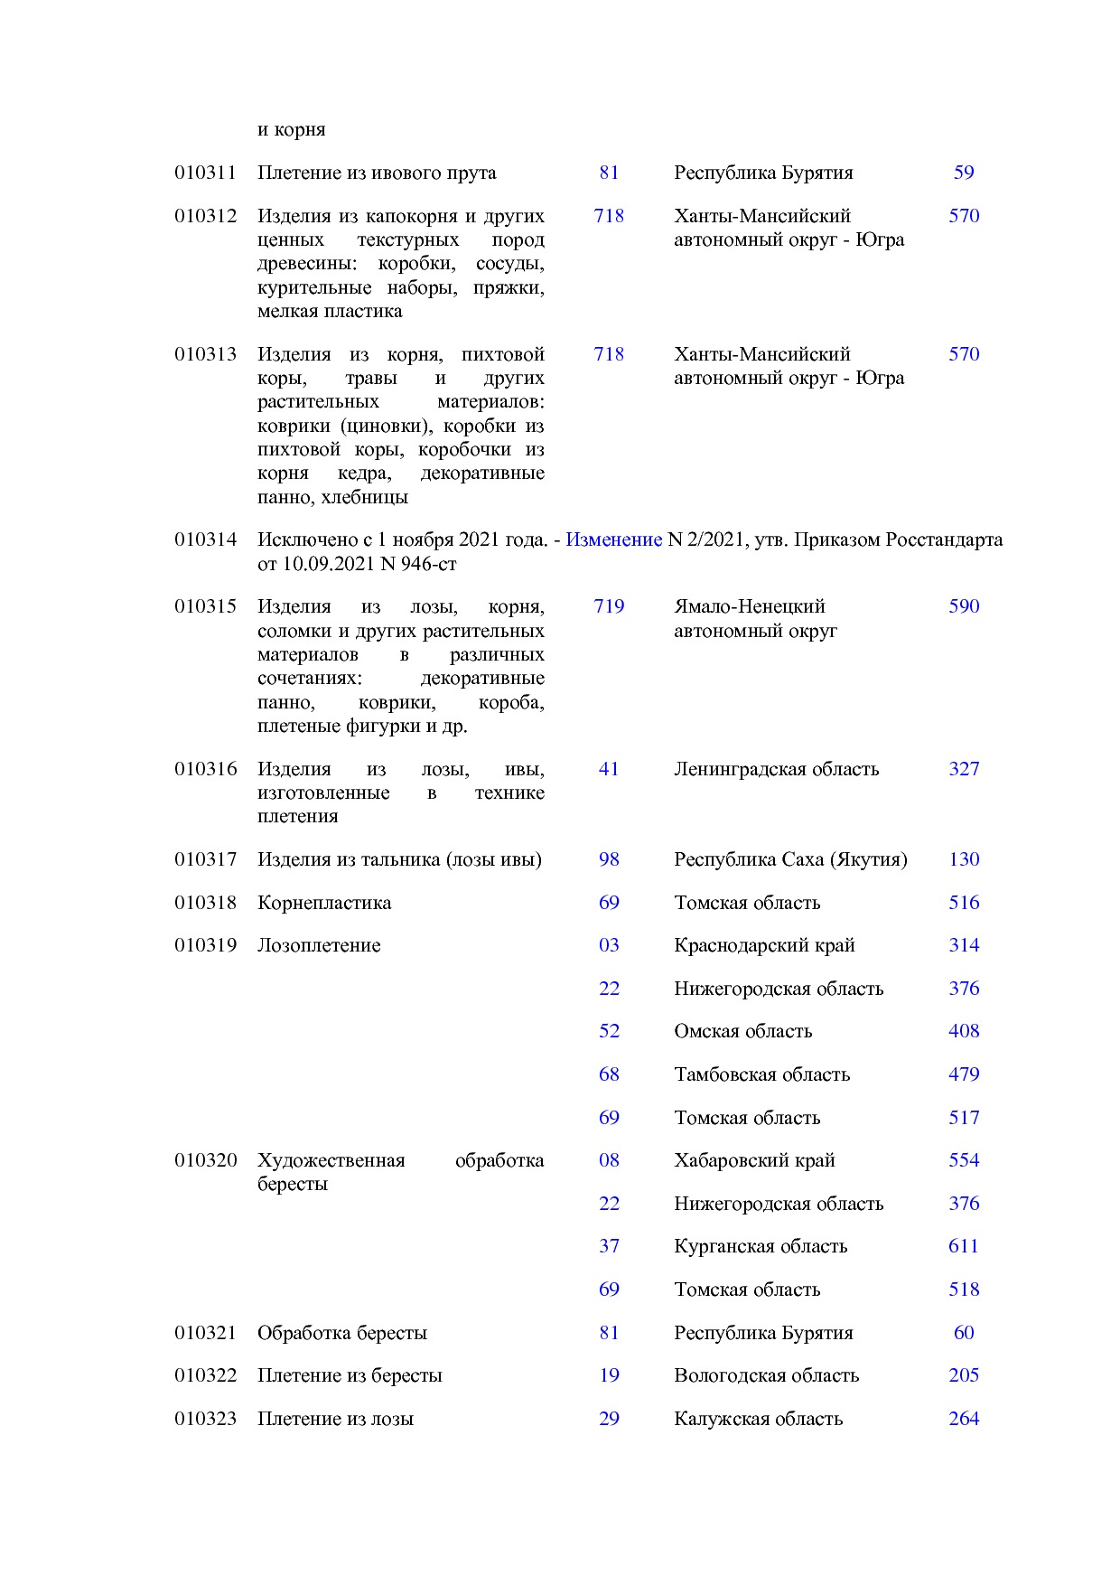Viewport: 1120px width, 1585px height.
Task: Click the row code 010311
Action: click(x=205, y=173)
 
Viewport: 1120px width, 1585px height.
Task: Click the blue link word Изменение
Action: click(x=613, y=539)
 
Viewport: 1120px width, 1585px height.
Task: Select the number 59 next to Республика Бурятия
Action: click(x=963, y=173)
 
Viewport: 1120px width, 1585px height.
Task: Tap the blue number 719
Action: click(x=608, y=606)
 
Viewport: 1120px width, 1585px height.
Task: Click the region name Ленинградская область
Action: click(x=775, y=769)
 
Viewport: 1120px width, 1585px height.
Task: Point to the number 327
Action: click(x=963, y=769)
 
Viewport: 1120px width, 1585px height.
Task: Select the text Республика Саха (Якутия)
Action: click(x=789, y=859)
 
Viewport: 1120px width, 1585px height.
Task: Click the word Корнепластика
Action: click(x=323, y=903)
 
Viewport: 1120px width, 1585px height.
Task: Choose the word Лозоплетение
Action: click(x=318, y=945)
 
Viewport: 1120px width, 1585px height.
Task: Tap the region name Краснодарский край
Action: click(x=763, y=945)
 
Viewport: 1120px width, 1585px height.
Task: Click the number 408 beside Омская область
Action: click(x=963, y=1031)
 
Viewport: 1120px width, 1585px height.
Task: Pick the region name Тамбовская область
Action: click(x=761, y=1074)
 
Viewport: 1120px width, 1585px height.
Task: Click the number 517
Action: click(x=963, y=1118)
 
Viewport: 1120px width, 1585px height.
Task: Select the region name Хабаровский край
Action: click(x=753, y=1160)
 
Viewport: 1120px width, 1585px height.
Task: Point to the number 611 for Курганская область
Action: click(x=963, y=1246)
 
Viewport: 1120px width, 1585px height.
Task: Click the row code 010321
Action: click(x=205, y=1333)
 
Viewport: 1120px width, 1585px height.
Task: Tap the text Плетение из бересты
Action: click(x=349, y=1375)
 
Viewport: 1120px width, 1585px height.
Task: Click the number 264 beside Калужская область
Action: click(x=963, y=1419)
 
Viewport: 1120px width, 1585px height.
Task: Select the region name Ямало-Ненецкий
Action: click(x=749, y=606)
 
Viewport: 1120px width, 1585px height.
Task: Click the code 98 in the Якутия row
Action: click(x=608, y=859)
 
